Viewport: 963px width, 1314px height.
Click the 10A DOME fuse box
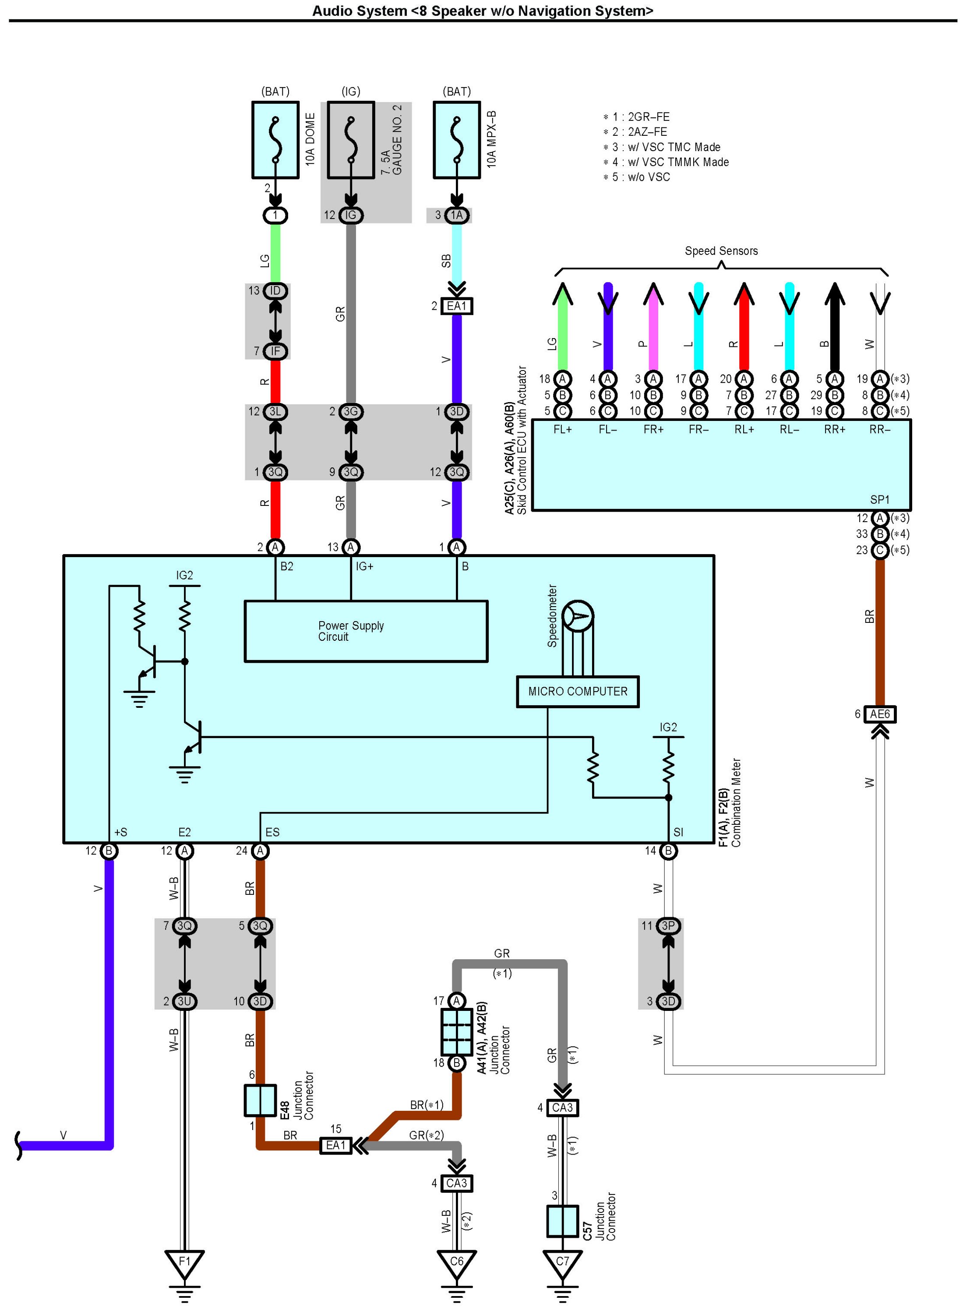[x=275, y=140]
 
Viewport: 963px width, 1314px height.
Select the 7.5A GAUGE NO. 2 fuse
[x=350, y=140]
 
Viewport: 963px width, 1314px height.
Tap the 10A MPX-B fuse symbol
[x=457, y=140]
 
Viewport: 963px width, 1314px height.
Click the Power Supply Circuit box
[x=366, y=631]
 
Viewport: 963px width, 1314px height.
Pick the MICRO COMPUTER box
[x=578, y=692]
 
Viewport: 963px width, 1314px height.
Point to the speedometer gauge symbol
[x=578, y=616]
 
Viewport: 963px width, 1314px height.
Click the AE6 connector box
[x=880, y=714]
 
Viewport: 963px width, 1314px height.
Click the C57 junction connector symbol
[x=563, y=1221]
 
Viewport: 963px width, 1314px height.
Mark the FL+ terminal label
[x=563, y=430]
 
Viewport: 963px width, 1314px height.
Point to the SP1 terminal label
[x=880, y=500]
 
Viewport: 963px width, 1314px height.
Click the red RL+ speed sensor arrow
[x=744, y=326]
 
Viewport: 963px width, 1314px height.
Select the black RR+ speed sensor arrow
[x=835, y=326]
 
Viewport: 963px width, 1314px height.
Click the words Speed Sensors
[x=721, y=251]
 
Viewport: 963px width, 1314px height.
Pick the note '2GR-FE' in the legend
[x=648, y=117]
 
